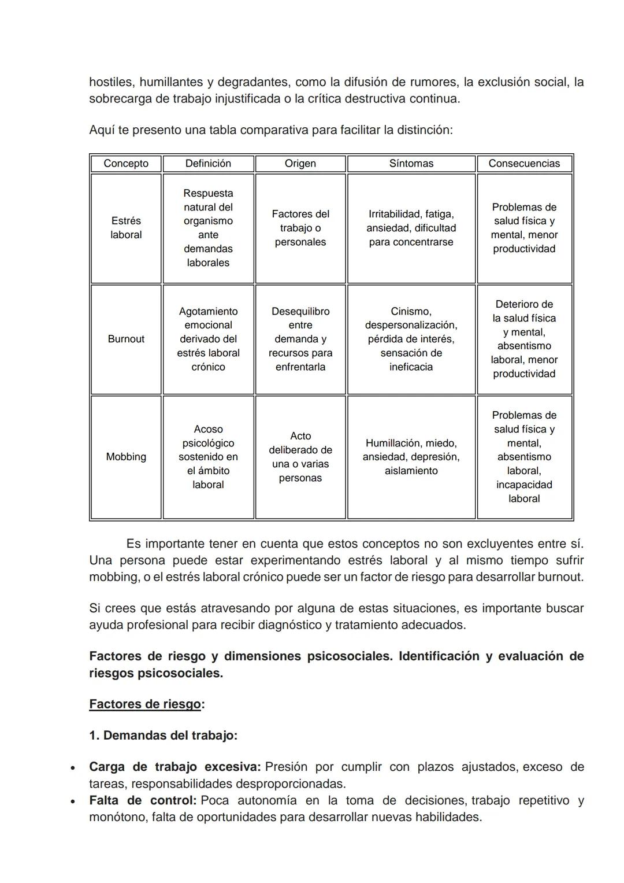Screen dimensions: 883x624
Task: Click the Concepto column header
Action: pyautogui.click(x=126, y=164)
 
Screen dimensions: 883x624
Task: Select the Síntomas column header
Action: pyautogui.click(x=411, y=164)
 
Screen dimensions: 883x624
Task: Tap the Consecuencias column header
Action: pyautogui.click(x=524, y=164)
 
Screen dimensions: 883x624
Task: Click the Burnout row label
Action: pyautogui.click(x=126, y=339)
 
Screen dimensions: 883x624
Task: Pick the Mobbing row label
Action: pyautogui.click(x=126, y=457)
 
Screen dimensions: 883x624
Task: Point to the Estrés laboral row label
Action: pyautogui.click(x=126, y=228)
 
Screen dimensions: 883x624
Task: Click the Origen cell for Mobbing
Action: pyautogui.click(x=300, y=457)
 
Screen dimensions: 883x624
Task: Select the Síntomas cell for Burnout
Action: pyautogui.click(x=411, y=339)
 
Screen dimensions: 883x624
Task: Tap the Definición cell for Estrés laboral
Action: pyautogui.click(x=208, y=228)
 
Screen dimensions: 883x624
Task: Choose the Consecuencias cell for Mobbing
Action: pyautogui.click(x=524, y=457)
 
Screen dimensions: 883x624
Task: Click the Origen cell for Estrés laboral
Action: pyautogui.click(x=300, y=228)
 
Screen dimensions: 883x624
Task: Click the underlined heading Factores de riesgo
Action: pyautogui.click(x=145, y=704)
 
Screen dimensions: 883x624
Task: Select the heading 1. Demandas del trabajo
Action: pyautogui.click(x=163, y=736)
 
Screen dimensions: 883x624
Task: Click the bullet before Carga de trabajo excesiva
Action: pyautogui.click(x=72, y=769)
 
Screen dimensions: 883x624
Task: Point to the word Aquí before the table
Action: pyautogui.click(x=102, y=130)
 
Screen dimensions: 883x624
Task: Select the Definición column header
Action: pyautogui.click(x=208, y=164)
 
